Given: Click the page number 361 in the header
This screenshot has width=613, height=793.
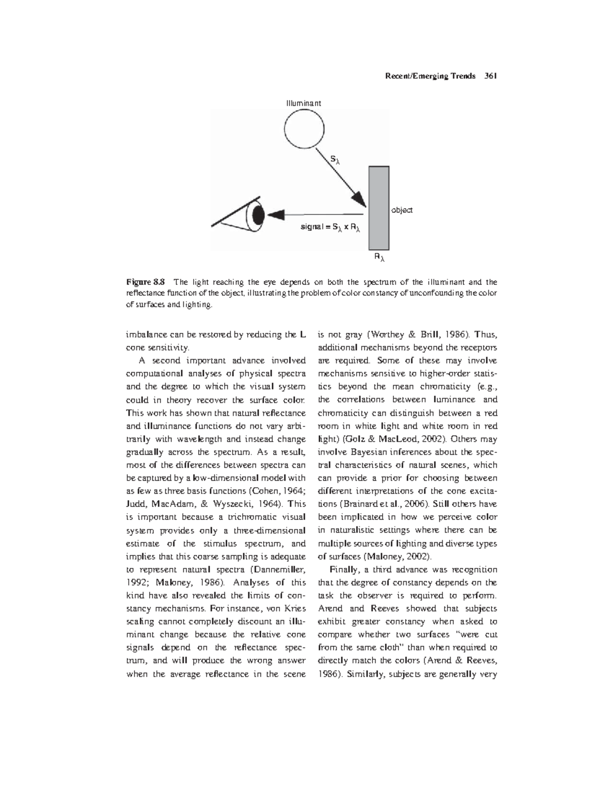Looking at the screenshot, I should coord(490,77).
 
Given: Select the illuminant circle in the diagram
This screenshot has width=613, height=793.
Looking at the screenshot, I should coord(304,128).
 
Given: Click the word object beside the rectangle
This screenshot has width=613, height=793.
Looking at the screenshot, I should coord(402,210).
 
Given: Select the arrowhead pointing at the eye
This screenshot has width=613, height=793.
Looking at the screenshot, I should coord(276,214).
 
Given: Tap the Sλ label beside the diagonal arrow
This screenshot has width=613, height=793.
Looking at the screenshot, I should coord(335,160).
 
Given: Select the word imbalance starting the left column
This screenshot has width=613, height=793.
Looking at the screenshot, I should coord(147,335).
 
